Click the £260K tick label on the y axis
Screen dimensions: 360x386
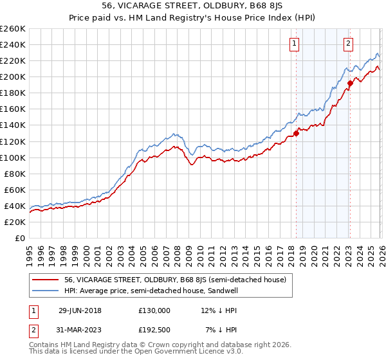13,29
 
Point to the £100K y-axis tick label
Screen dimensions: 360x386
13,157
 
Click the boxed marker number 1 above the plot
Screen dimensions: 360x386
295,44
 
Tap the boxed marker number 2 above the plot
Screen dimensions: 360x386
348,44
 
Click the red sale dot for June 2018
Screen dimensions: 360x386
296,133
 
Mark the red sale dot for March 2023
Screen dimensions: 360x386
350,83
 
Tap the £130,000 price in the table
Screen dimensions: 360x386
154,310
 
